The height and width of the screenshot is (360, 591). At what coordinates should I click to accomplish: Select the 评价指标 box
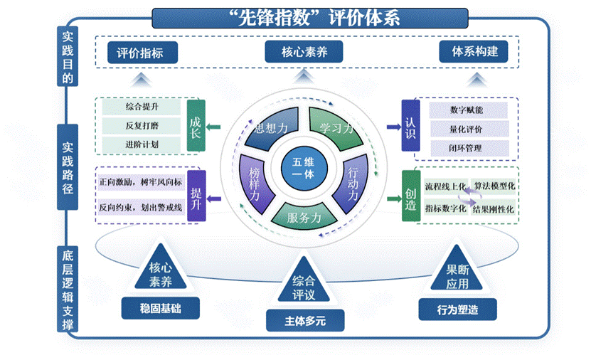pos(142,52)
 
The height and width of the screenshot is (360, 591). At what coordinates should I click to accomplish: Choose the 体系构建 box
pos(474,52)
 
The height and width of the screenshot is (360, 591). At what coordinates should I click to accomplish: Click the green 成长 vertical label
pos(196,127)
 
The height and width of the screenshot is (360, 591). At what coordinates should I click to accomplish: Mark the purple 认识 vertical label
pos(409,127)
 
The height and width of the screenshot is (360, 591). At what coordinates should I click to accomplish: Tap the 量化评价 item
pos(467,129)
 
